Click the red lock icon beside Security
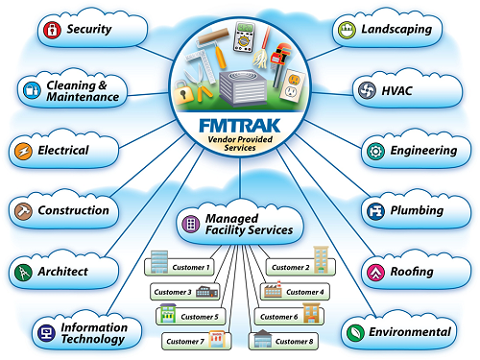[x=51, y=30]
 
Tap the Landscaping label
[x=396, y=30]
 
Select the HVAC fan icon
[x=366, y=91]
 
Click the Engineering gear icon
[x=372, y=151]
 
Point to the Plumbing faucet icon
[x=372, y=210]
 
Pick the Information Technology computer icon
[x=44, y=333]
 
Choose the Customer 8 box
[x=285, y=340]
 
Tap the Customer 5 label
[x=201, y=316]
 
